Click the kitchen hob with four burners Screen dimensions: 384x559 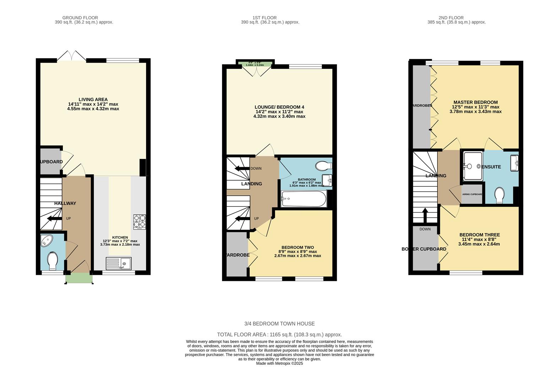(139, 222)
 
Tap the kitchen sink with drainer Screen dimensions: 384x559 (118, 263)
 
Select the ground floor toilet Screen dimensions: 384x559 (53, 261)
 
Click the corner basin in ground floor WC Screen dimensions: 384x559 (47, 241)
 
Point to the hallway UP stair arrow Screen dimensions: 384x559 (54, 218)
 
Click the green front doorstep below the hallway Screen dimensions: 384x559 (79, 278)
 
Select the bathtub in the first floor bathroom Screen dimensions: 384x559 (304, 199)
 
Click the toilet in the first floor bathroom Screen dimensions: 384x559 (324, 166)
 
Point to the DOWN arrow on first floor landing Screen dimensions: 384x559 (242, 169)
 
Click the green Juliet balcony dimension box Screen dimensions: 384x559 (255, 64)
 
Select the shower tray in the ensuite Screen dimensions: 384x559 (472, 166)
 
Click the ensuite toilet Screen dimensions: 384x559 (499, 195)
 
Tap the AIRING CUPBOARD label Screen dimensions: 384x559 (472, 194)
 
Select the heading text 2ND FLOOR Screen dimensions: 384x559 (451, 18)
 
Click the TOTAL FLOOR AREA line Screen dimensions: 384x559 (279, 335)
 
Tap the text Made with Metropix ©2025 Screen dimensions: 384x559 (279, 363)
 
